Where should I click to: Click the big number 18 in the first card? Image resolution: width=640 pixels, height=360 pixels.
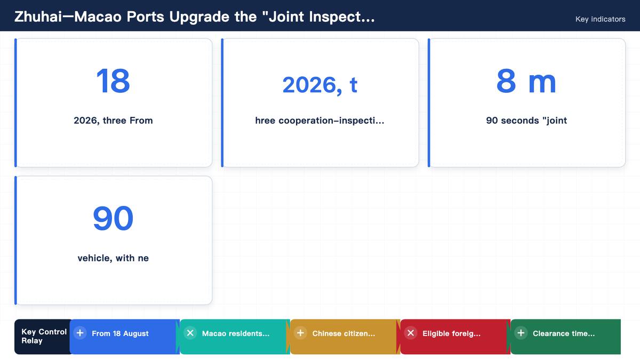coord(113,81)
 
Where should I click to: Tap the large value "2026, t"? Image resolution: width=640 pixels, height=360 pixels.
coord(319,85)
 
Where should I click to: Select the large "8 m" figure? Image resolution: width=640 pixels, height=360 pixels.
coord(526,81)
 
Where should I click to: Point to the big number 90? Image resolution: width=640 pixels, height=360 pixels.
coord(113,219)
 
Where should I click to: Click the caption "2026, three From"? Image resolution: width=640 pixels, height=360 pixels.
coord(113,121)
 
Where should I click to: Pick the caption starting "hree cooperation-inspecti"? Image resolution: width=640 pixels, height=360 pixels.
coord(319,121)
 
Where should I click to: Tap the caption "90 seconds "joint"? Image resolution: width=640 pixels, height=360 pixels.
coord(526,121)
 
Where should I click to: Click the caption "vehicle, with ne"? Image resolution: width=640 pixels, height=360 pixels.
coord(113,258)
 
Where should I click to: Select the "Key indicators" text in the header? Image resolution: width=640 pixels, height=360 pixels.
coord(601,19)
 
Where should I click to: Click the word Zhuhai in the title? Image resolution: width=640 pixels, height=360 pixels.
coord(38,17)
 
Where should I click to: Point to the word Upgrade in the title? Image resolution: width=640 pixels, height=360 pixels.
coord(199,17)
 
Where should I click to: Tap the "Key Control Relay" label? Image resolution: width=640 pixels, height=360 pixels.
coord(44,337)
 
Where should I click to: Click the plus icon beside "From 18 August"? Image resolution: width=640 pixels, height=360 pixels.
coord(80,333)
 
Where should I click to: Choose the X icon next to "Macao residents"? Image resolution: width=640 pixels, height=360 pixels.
coord(190,333)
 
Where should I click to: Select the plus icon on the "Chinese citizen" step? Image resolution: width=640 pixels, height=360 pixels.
coord(301,333)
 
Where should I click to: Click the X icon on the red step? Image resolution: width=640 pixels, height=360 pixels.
coord(411,333)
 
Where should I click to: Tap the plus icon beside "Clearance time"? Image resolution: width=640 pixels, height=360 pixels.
coord(521,333)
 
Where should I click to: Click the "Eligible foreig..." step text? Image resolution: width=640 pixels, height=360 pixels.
coord(451,333)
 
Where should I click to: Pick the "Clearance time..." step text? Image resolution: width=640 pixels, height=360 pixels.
coord(564,333)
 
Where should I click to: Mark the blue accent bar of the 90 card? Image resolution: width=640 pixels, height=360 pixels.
coord(15,241)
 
